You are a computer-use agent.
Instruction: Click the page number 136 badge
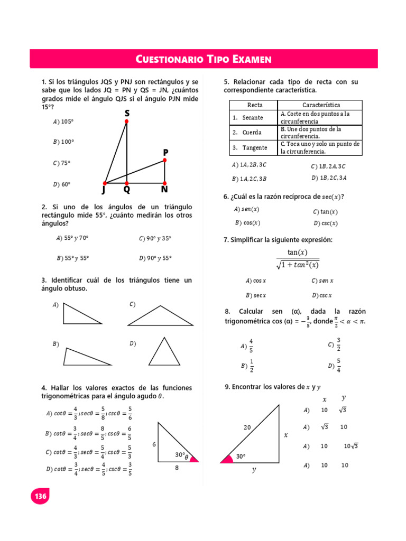tap(40, 496)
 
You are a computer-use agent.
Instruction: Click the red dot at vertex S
tap(126, 122)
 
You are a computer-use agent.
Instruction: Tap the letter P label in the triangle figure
tap(165, 152)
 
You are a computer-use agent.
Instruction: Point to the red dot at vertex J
tap(105, 183)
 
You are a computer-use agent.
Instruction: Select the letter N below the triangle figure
tap(164, 189)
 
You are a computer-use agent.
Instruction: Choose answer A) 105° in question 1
tap(63, 122)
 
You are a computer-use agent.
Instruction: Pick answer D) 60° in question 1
tap(62, 184)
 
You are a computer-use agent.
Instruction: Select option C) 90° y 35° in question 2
tap(155, 238)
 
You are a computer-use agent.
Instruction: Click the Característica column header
tap(320, 105)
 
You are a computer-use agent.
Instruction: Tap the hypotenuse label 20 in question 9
tap(247, 427)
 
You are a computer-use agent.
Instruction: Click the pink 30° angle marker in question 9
tap(227, 458)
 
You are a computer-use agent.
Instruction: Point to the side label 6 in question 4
tap(154, 445)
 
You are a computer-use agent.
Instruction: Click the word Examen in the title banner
tap(251, 59)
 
